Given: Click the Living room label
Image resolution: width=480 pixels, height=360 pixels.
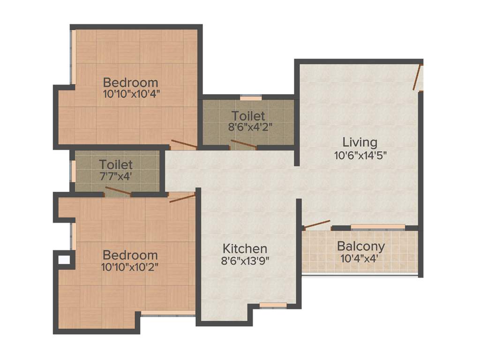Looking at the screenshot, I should point(360,142).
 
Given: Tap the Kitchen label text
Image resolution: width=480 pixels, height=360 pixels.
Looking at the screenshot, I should point(245,248).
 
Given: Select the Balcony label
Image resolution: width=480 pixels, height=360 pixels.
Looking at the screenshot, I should point(361,246).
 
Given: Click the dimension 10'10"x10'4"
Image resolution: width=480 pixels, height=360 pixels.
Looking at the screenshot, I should point(131,93).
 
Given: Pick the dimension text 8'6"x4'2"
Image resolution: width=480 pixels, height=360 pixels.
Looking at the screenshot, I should point(248,126).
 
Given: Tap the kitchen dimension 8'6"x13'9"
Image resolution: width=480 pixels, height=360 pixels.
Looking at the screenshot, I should point(245,260).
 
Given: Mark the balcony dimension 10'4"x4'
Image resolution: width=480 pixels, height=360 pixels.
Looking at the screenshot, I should point(361,257).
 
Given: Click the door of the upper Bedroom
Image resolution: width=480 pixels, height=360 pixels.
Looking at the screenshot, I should point(183,144).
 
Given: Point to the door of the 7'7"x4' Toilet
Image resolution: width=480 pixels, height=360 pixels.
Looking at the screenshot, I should point(118,191).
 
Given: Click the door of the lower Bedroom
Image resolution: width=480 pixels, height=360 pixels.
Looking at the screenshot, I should point(182,198).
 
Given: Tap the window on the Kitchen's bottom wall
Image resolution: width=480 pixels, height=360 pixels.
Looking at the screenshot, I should point(273,305).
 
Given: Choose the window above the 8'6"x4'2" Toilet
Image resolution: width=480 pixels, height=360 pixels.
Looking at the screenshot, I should point(251,98).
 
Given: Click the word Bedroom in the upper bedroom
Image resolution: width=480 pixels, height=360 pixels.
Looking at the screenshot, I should point(131,82).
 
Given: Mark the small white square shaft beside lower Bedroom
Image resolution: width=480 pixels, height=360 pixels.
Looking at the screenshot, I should point(63,258).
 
